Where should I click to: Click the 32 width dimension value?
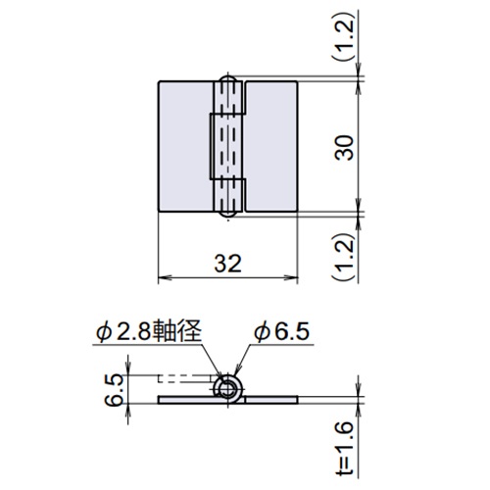tap(226, 263)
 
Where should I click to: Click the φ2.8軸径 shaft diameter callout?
tap(148, 333)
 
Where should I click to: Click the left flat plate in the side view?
tap(187, 401)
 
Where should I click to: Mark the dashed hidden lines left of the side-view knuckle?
tap(187, 377)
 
